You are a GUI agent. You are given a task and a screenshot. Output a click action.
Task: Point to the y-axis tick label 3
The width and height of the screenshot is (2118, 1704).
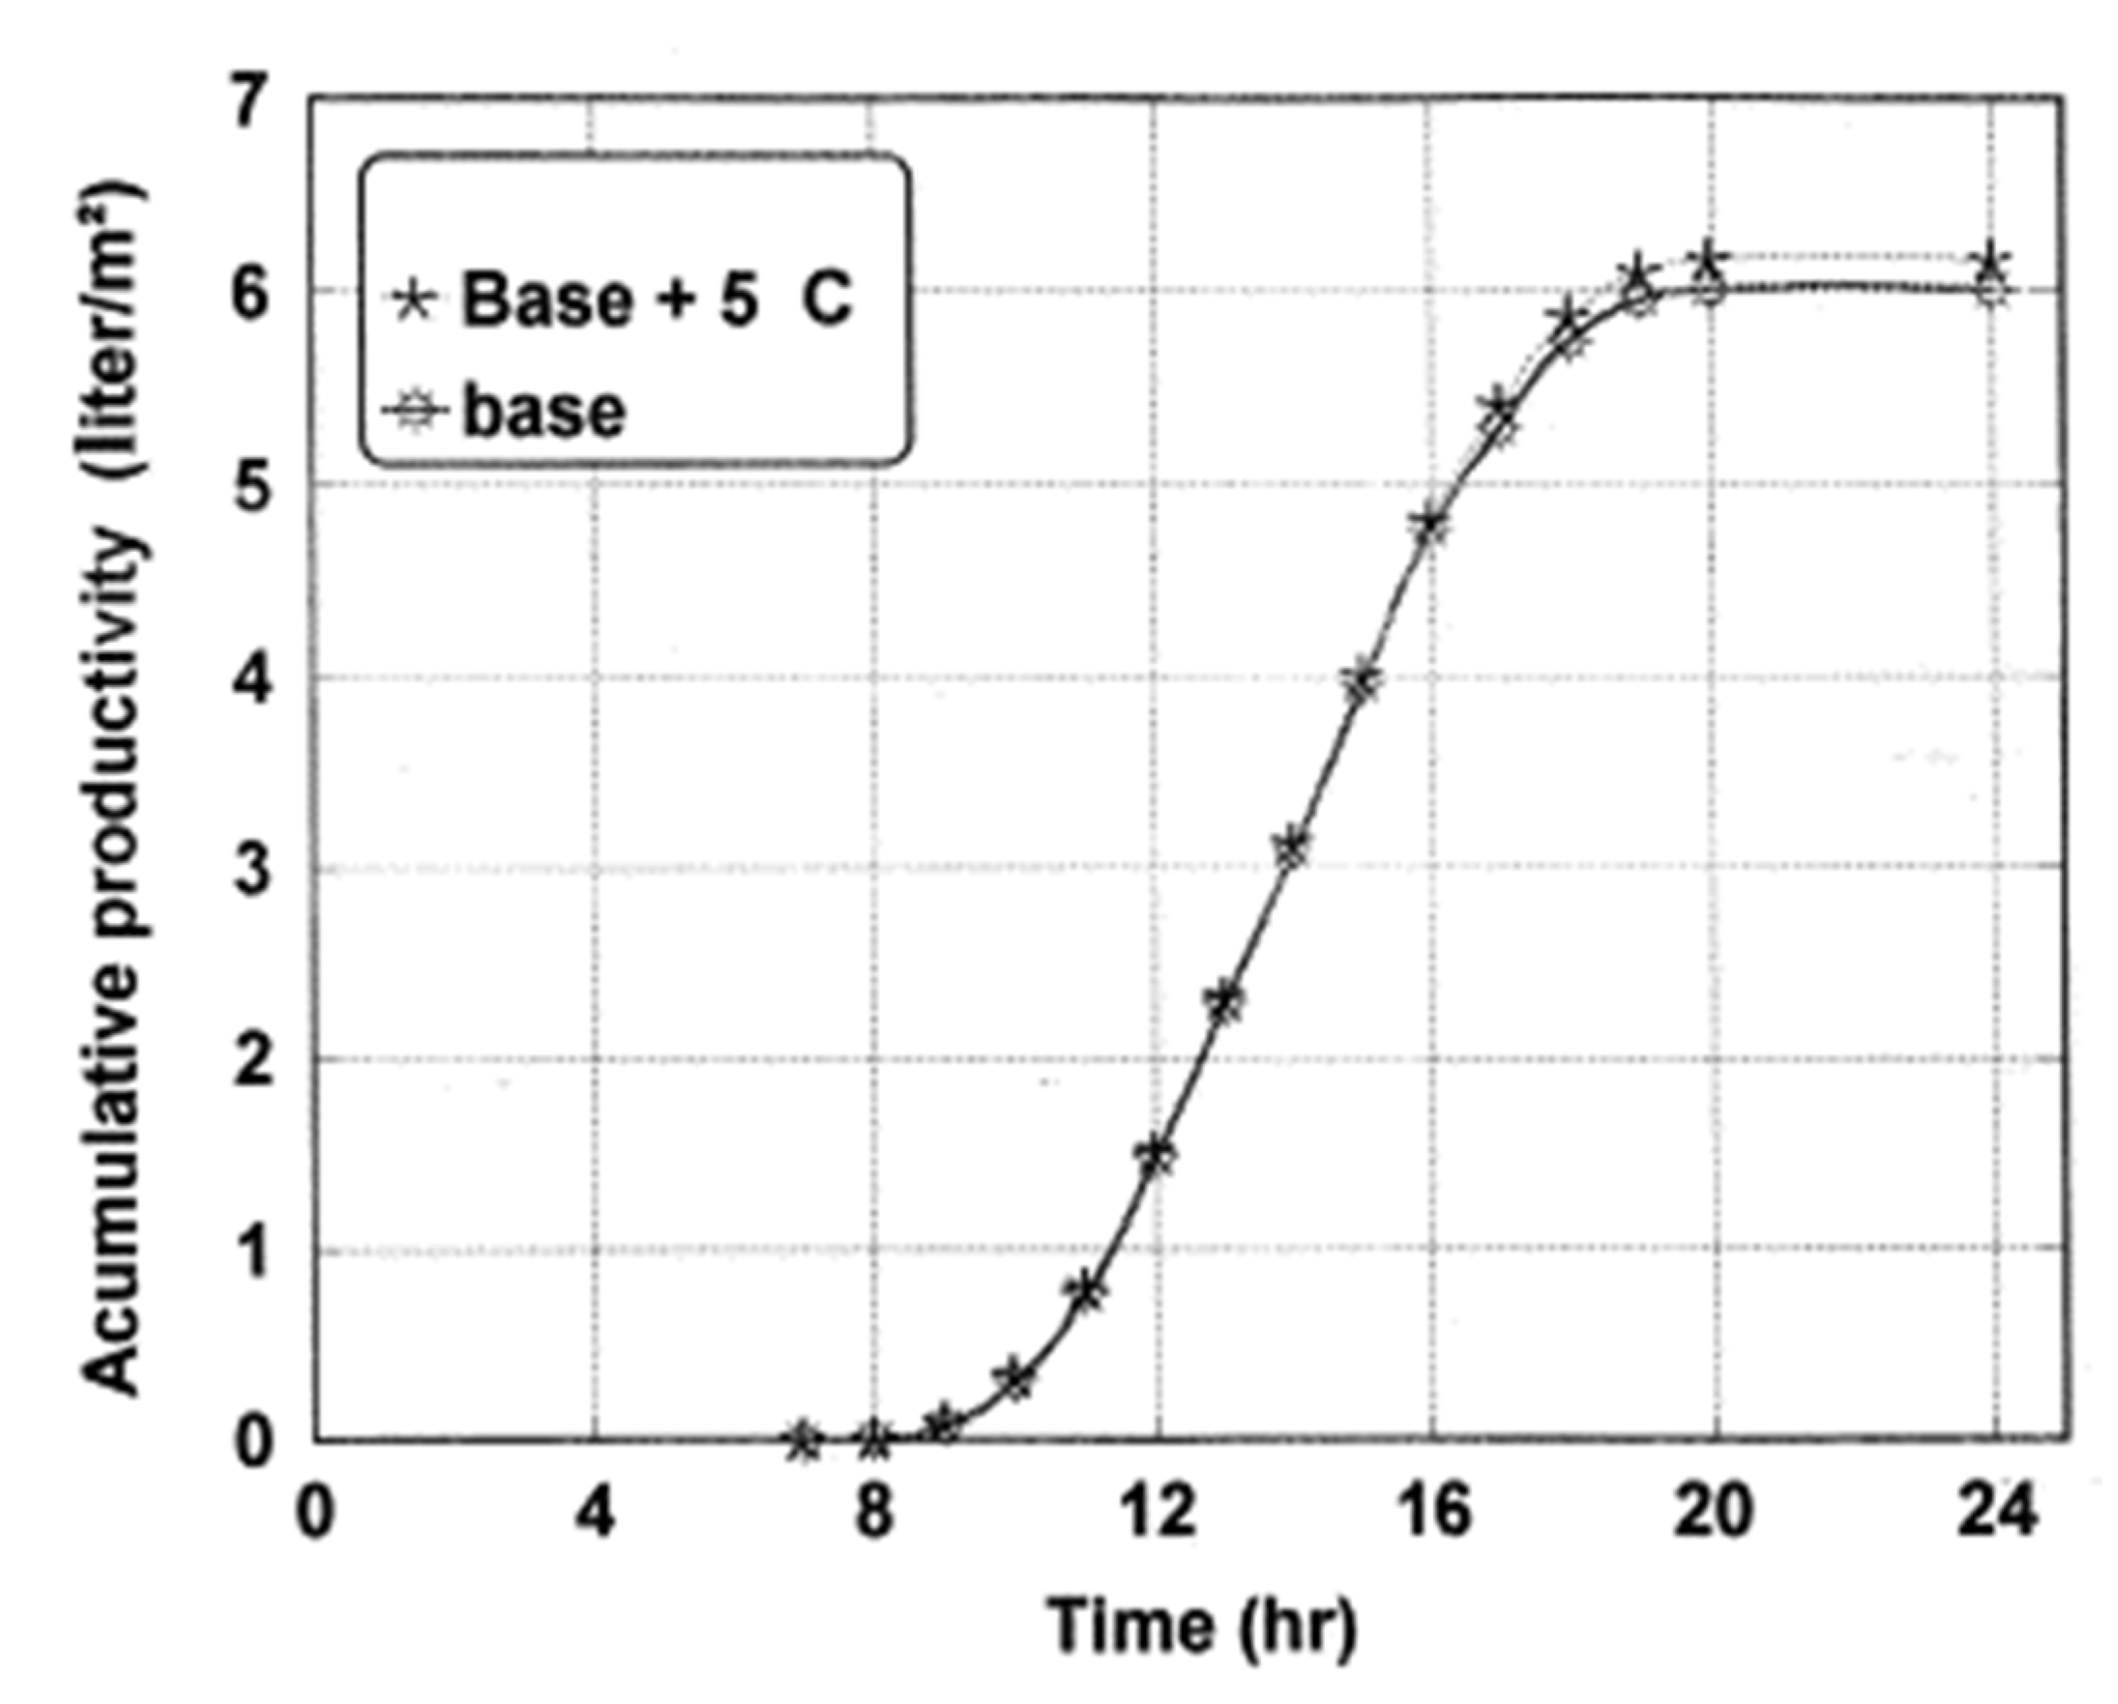pyautogui.click(x=252, y=869)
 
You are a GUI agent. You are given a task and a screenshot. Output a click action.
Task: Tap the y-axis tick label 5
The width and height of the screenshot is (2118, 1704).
pyautogui.click(x=252, y=484)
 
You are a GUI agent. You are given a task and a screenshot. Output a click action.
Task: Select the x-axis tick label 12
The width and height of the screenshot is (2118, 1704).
pyautogui.click(x=1157, y=1513)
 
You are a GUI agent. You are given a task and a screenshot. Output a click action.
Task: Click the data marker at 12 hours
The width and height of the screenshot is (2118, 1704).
pyautogui.click(x=1159, y=1156)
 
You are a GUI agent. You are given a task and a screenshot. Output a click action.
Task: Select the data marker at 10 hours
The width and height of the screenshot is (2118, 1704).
pyautogui.click(x=1018, y=1379)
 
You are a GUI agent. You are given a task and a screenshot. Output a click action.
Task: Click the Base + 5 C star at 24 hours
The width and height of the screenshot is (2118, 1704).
pyautogui.click(x=1991, y=262)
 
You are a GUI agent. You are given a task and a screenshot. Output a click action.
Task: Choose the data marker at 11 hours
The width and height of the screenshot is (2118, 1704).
pyautogui.click(x=1089, y=1291)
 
